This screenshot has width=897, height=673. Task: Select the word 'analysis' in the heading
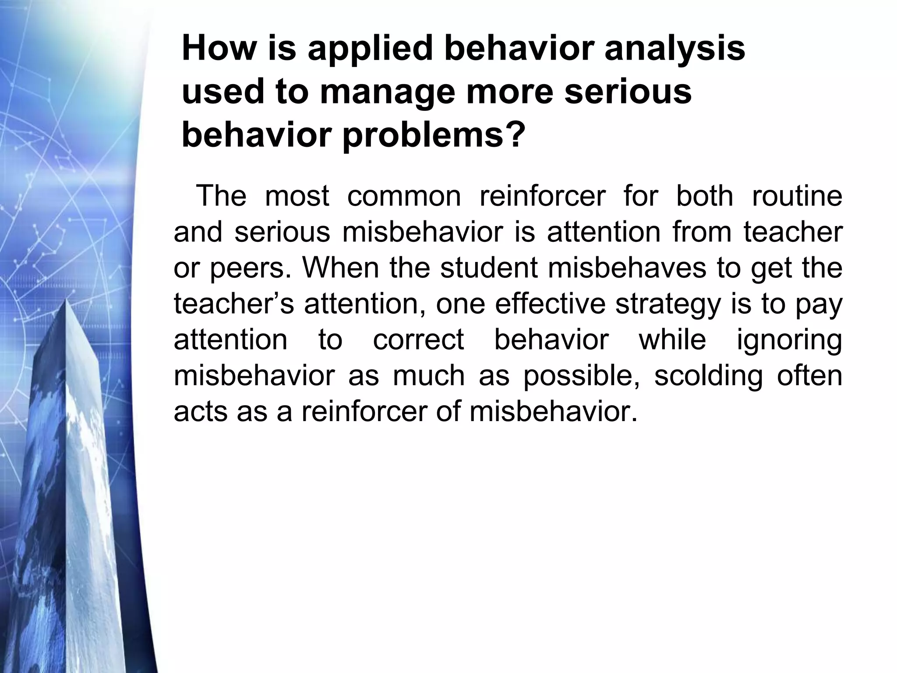[x=675, y=49]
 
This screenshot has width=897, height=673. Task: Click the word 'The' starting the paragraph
[x=221, y=196]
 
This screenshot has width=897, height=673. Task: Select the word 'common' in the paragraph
[x=404, y=196]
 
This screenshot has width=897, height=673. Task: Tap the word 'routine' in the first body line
[x=797, y=196]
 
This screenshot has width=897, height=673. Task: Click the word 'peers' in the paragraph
[x=247, y=268]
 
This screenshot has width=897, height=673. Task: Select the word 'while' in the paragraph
[x=672, y=340]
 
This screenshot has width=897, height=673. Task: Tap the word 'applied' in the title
[x=370, y=49]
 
